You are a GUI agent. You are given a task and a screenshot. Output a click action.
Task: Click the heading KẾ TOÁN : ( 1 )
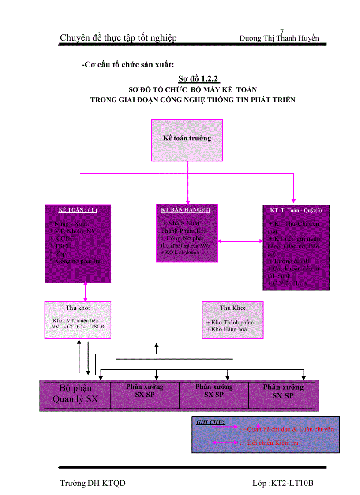tap(78, 210)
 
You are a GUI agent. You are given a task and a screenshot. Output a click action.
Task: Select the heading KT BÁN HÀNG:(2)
tap(185, 209)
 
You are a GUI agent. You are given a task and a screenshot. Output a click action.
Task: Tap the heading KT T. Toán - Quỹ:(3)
tap(296, 210)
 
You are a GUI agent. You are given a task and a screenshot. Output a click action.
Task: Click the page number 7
tap(282, 31)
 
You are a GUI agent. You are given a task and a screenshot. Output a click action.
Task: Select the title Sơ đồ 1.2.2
tap(199, 79)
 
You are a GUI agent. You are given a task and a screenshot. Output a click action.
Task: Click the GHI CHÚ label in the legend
tap(210, 422)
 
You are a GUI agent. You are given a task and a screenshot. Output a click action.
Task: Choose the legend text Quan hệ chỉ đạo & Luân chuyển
tap(290, 429)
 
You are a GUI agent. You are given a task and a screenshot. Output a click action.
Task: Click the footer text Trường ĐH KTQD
tap(93, 483)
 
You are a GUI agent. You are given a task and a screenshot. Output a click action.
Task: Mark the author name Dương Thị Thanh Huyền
tap(279, 38)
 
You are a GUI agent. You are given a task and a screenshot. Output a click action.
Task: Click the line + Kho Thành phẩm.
tap(231, 322)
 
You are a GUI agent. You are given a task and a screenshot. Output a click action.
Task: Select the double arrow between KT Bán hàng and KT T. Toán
tap(240, 241)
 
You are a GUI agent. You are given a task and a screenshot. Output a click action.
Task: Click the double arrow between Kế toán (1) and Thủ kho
tap(86, 292)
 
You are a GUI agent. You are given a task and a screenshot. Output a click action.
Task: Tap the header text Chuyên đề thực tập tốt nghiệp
tap(118, 38)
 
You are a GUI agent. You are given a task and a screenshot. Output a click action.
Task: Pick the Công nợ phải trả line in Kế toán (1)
tap(78, 261)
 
